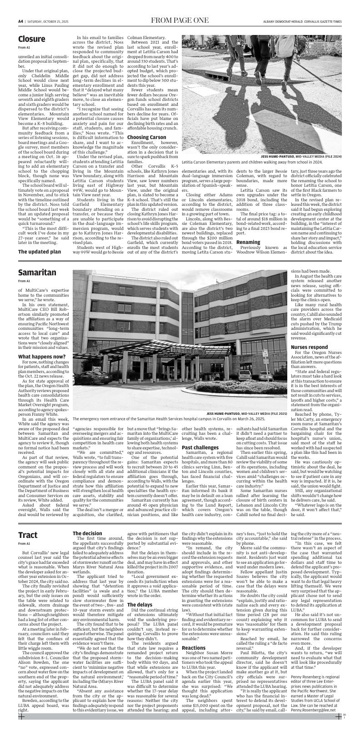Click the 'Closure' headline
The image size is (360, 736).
click(x=31, y=39)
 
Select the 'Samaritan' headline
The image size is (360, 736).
click(x=37, y=273)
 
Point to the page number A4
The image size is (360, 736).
click(x=21, y=21)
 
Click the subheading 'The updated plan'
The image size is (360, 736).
click(x=40, y=251)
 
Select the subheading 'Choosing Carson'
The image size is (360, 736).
click(x=146, y=137)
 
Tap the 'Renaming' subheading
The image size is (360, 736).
click(x=248, y=242)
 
